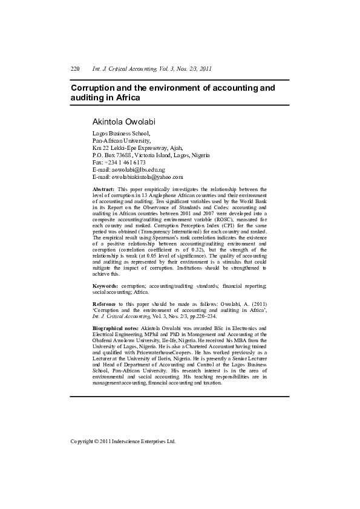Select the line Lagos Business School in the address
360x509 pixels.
(x=120, y=133)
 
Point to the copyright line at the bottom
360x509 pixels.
(x=123, y=441)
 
